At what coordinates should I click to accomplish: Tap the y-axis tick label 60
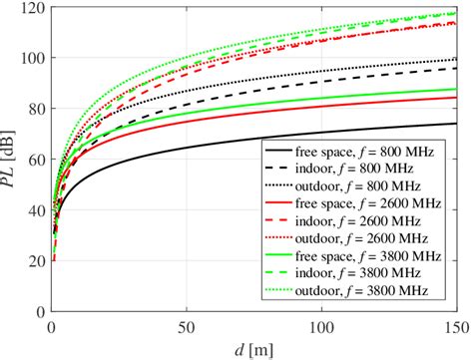tap(35, 161)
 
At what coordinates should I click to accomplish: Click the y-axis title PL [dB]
tap(11, 160)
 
